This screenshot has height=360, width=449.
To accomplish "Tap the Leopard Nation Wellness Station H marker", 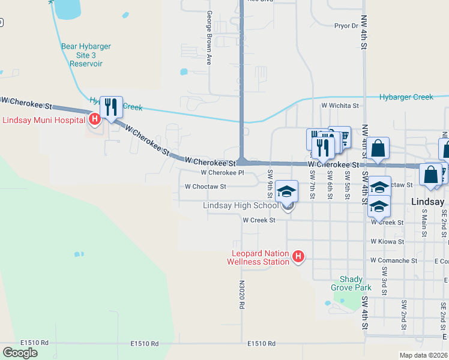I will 298,257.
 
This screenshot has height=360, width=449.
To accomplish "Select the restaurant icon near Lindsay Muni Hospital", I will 111,107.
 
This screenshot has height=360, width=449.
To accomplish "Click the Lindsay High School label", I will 241,206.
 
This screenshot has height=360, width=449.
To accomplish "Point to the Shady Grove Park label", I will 351,283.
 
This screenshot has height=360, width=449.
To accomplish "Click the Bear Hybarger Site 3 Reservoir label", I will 86,55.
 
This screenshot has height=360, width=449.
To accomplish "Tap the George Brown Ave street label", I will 209,37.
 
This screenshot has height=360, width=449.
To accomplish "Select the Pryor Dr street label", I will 346,26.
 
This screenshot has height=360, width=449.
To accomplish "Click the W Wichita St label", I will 340,106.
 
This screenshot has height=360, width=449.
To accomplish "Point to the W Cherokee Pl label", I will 222,172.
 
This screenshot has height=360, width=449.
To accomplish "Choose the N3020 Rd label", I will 241,295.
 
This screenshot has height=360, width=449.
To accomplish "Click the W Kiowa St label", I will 387,241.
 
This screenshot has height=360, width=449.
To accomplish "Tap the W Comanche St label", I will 394,261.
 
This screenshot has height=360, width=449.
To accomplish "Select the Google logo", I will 20,353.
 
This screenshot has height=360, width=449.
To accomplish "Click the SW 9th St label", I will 270,184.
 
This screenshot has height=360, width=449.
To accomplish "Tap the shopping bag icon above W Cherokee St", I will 379,148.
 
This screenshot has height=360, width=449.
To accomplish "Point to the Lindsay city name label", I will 427,202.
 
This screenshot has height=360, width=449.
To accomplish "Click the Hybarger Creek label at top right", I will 406,97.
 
